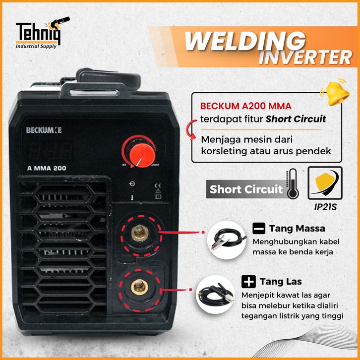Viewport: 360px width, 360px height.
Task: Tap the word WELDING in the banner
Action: [245, 41]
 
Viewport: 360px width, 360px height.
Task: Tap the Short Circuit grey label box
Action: [245, 189]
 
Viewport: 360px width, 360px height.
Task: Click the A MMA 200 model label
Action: [47, 168]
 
